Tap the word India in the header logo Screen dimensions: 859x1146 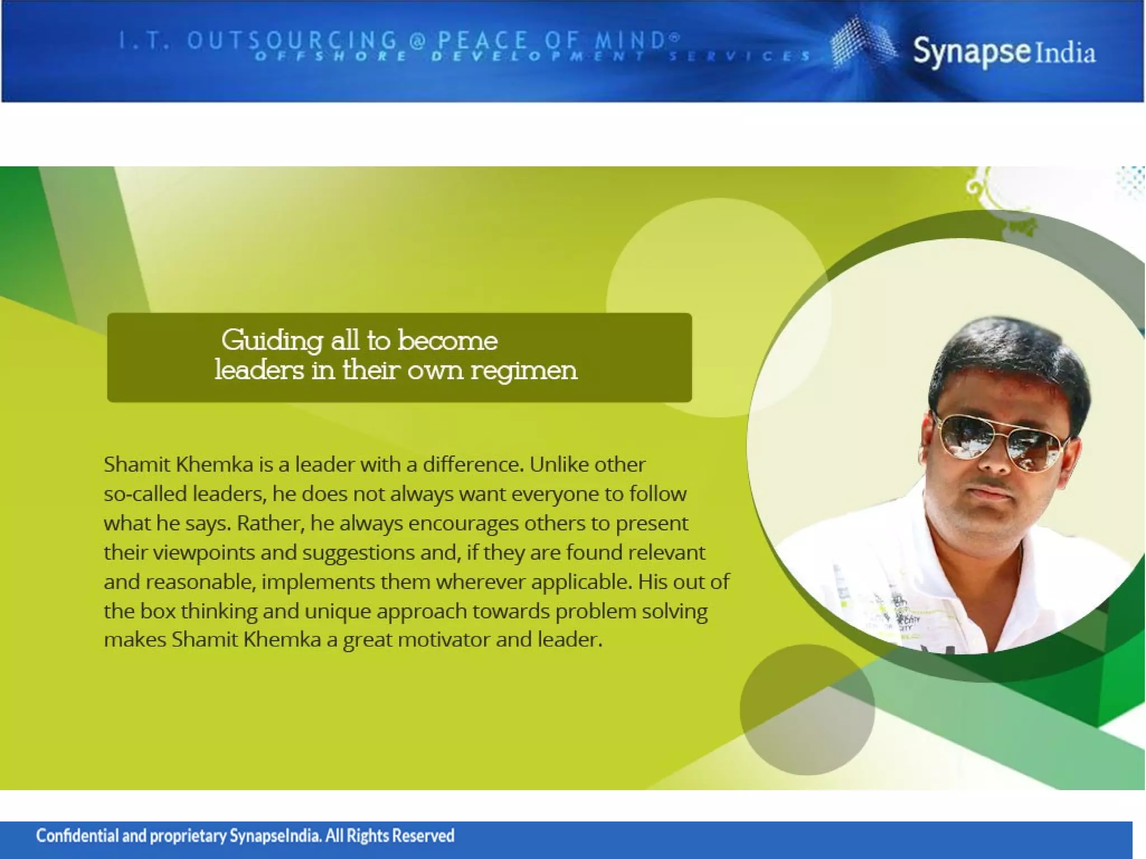tap(1065, 53)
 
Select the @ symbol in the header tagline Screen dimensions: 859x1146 tap(417, 40)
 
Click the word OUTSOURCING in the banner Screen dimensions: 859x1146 tap(292, 40)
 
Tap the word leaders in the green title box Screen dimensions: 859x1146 tap(260, 369)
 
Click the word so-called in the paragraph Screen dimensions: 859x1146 tap(145, 494)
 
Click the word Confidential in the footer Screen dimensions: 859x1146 tap(77, 835)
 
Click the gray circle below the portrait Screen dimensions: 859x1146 tap(807, 710)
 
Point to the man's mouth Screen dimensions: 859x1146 tap(989, 492)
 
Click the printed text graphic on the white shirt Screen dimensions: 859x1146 tap(895, 613)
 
